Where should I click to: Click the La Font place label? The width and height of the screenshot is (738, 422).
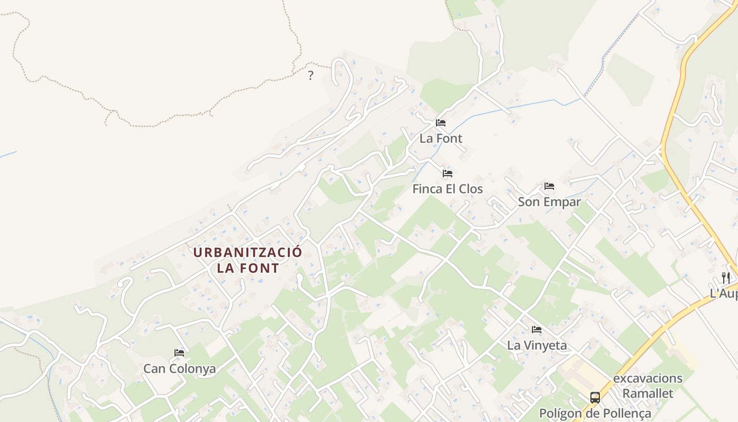coord(441,139)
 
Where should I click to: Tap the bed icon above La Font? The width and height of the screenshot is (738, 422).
coord(441,123)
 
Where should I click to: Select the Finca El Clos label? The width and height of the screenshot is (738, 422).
coord(447,189)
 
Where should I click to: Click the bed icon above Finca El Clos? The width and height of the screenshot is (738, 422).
coord(448,173)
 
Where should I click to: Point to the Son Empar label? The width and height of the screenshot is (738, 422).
coord(549,202)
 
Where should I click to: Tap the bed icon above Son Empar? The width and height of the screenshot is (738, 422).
coord(549,186)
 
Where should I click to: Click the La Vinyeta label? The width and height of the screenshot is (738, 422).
coord(537,346)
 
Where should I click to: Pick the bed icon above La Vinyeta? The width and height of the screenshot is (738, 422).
coord(537,330)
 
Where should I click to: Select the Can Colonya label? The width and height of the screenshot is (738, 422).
coord(179,369)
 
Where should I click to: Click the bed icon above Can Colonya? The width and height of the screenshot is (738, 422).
coord(179,353)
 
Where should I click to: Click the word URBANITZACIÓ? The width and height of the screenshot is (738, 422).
coord(248,252)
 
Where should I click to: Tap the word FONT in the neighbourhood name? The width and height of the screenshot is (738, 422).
coord(260,268)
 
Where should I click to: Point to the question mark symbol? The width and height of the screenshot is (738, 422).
coord(310,75)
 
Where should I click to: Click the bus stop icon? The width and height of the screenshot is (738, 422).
coord(595,398)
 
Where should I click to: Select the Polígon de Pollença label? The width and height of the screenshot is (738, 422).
coord(595,413)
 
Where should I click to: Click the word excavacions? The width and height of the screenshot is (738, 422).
coord(647,379)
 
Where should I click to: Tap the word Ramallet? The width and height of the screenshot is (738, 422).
coord(647,394)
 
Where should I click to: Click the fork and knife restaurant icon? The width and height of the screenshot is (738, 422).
coord(726,277)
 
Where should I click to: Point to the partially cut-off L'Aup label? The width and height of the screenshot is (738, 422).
coord(723,294)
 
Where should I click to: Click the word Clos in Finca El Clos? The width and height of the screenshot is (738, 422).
coord(470,189)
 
